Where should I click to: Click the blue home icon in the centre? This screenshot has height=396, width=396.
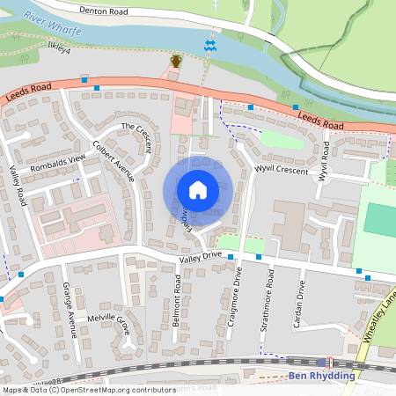coord(198,189)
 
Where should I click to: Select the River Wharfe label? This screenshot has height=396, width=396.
coord(53,24)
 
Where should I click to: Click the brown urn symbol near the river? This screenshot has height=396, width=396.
coord(176,61)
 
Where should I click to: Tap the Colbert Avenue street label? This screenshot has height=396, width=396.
coord(114,161)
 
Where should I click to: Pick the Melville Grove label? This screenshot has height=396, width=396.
coord(107,321)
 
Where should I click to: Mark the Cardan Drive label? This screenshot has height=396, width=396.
coord(301,304)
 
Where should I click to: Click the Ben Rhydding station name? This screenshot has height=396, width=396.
coord(321,376)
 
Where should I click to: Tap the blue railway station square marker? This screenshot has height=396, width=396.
coord(321,362)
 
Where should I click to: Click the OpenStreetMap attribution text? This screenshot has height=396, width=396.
coord(88,390)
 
